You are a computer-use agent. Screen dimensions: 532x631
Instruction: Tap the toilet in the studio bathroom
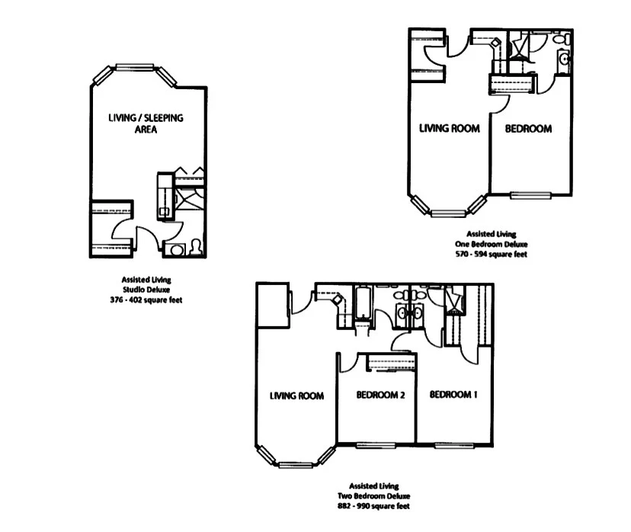(x=196, y=246)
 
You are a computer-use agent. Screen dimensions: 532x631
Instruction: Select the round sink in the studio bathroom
(x=178, y=249)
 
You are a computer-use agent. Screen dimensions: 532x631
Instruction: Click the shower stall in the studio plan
(x=187, y=200)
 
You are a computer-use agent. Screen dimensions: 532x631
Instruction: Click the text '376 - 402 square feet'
(x=146, y=300)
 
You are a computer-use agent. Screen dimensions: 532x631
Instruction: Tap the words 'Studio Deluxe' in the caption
(x=146, y=290)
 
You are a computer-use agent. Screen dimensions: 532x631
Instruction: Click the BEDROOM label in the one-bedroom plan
(x=528, y=129)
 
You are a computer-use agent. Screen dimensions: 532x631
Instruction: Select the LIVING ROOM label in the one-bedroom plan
(x=450, y=129)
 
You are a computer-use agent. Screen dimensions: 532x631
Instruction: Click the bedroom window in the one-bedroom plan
(x=530, y=194)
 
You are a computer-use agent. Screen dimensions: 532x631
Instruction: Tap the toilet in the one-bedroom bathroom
(x=562, y=39)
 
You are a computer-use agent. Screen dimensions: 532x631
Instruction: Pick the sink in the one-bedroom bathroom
(x=564, y=59)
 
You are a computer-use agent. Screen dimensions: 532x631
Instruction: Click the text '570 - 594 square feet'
(x=491, y=254)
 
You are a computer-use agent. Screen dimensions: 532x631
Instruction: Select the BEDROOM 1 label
(x=453, y=395)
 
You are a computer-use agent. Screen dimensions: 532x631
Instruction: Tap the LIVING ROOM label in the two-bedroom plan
(x=296, y=396)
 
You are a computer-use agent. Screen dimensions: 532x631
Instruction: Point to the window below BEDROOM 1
(x=455, y=444)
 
